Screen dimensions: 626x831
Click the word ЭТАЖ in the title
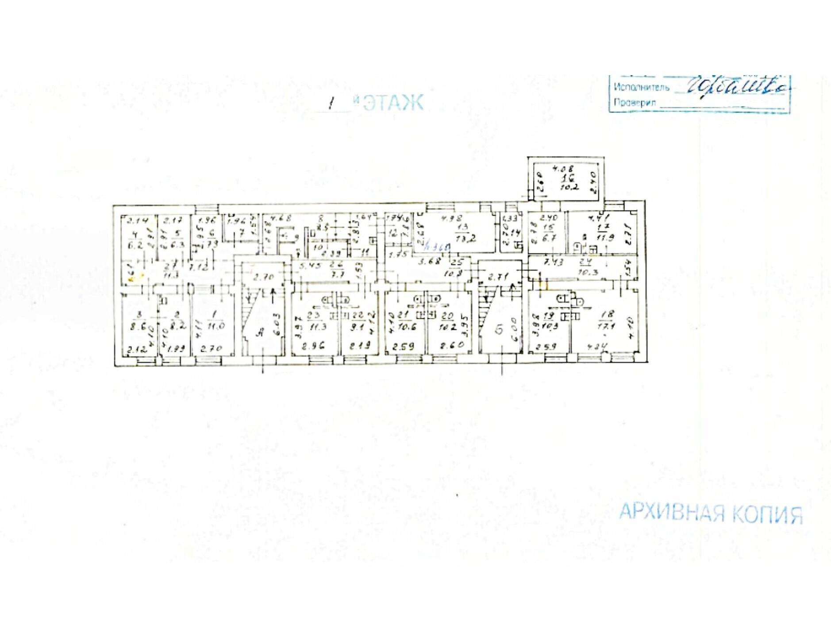click(393, 103)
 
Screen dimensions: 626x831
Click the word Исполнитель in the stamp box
click(641, 87)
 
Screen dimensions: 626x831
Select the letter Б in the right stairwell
click(499, 329)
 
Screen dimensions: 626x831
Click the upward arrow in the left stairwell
click(273, 292)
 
